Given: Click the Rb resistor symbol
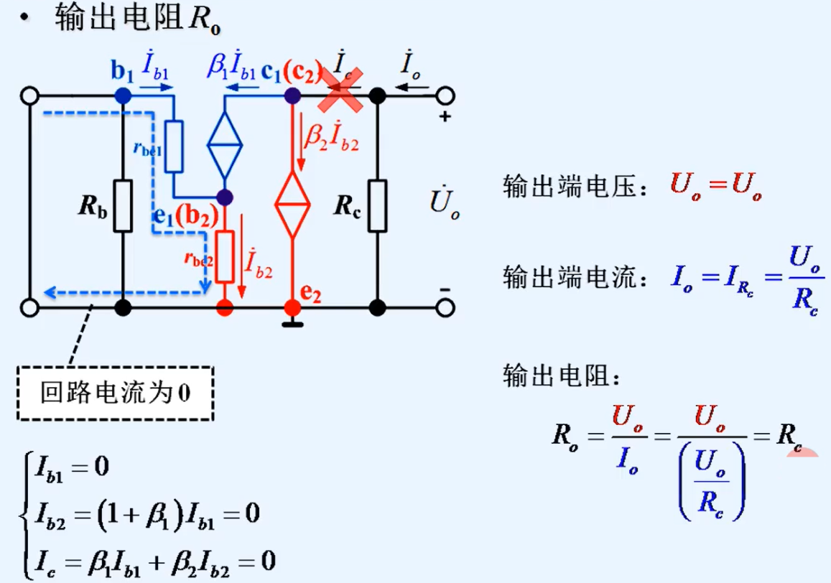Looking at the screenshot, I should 124,206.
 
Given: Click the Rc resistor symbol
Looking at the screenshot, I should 377,206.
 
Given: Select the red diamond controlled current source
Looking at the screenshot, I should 293,205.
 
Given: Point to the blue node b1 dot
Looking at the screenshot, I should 124,95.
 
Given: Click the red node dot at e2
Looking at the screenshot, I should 292,308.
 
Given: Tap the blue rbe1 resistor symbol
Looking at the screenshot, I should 175,146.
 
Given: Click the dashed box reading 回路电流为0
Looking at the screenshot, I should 116,393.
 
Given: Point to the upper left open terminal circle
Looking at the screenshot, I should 29,95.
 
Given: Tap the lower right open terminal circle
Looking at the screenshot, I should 445,308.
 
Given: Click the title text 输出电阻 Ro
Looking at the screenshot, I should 136,19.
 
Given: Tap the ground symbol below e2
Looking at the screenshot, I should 292,324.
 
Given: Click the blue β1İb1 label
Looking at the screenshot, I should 232,67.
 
